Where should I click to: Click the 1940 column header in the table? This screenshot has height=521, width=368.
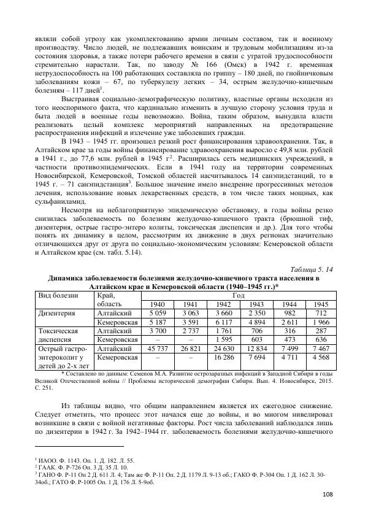pos(158,304)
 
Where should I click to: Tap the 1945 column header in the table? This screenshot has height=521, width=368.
pos(319,304)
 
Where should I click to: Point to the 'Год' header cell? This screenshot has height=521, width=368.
pos(239,294)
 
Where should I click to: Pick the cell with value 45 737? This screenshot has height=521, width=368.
pos(158,349)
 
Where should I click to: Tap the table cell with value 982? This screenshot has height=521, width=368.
pos(288,313)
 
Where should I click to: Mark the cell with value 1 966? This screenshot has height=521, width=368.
pos(319,322)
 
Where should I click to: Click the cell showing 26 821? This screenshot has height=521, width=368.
pos(190,349)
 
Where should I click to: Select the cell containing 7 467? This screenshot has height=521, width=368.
pos(319,349)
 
